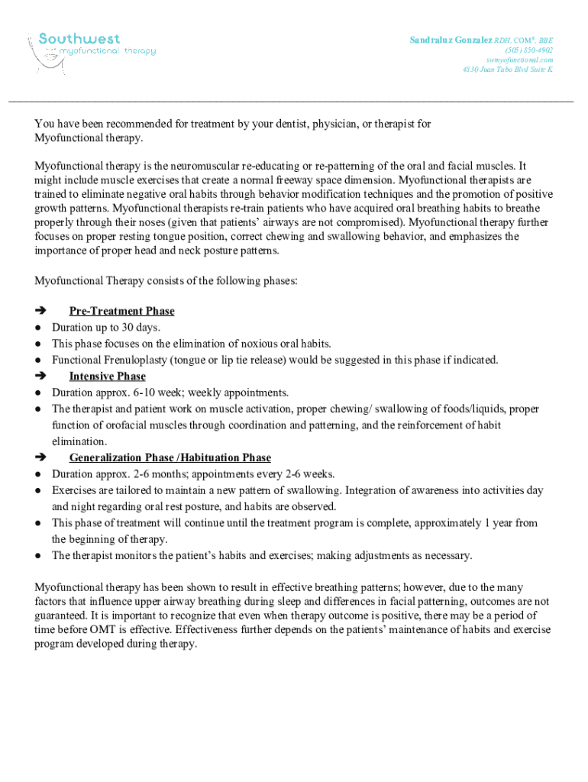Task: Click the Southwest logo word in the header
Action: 79,38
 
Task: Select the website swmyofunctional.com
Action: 519,60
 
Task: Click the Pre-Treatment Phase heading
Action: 121,311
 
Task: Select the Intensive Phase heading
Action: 107,376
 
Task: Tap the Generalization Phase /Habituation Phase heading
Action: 170,458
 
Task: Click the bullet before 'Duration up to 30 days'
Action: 37,328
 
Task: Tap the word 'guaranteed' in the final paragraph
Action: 60,615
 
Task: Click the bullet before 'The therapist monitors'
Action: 37,556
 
